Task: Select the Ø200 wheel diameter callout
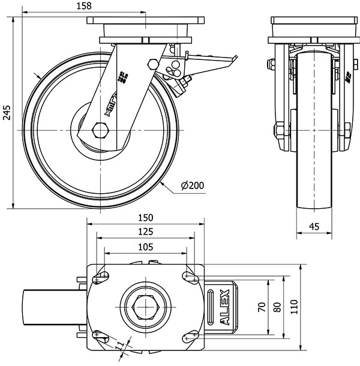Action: click(x=193, y=186)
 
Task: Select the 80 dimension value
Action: click(x=277, y=307)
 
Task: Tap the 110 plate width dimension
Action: click(x=293, y=307)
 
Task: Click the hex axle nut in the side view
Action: click(x=100, y=129)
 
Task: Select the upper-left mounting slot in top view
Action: click(x=101, y=277)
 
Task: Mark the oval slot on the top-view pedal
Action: click(x=211, y=306)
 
